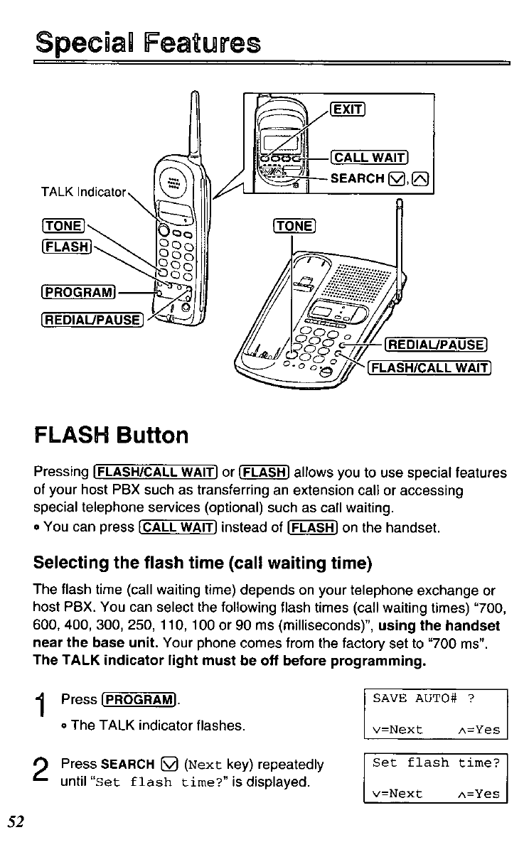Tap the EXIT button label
tap(348, 109)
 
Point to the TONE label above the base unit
tap(293, 226)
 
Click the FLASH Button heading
tap(111, 434)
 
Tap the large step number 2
tap(43, 772)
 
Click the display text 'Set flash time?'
tap(436, 763)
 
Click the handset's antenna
tap(193, 128)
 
